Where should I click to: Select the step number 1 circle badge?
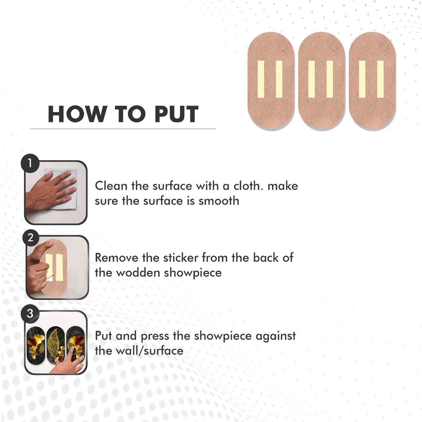30,163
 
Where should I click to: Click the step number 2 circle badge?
30,238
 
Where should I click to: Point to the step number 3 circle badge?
30,313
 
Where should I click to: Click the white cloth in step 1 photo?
63,190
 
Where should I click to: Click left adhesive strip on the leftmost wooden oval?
261,79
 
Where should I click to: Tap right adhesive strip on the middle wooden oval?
330,79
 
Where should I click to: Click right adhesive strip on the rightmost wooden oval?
380,79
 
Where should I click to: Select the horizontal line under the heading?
123,129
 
